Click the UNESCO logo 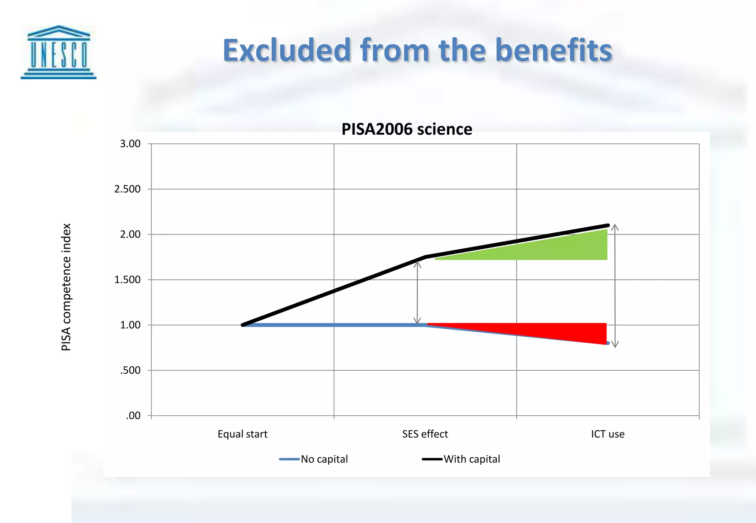[x=58, y=52]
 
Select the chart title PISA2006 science [x=406, y=129]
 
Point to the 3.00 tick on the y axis [x=130, y=144]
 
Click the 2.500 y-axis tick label [x=127, y=189]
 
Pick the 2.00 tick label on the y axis [x=130, y=235]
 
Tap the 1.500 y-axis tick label [x=127, y=280]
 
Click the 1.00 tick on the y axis [x=130, y=325]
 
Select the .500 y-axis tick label [x=130, y=370]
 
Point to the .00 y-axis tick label [x=133, y=416]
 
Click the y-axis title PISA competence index [x=66, y=287]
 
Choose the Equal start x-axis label [x=243, y=434]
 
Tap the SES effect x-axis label [x=425, y=434]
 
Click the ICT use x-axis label [x=608, y=434]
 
